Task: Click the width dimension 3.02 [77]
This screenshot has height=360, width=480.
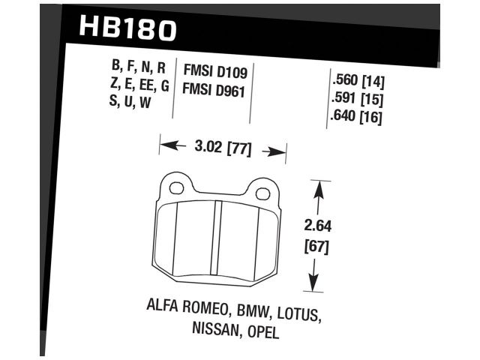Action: tap(222, 148)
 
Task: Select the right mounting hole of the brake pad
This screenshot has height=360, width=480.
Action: tap(262, 193)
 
